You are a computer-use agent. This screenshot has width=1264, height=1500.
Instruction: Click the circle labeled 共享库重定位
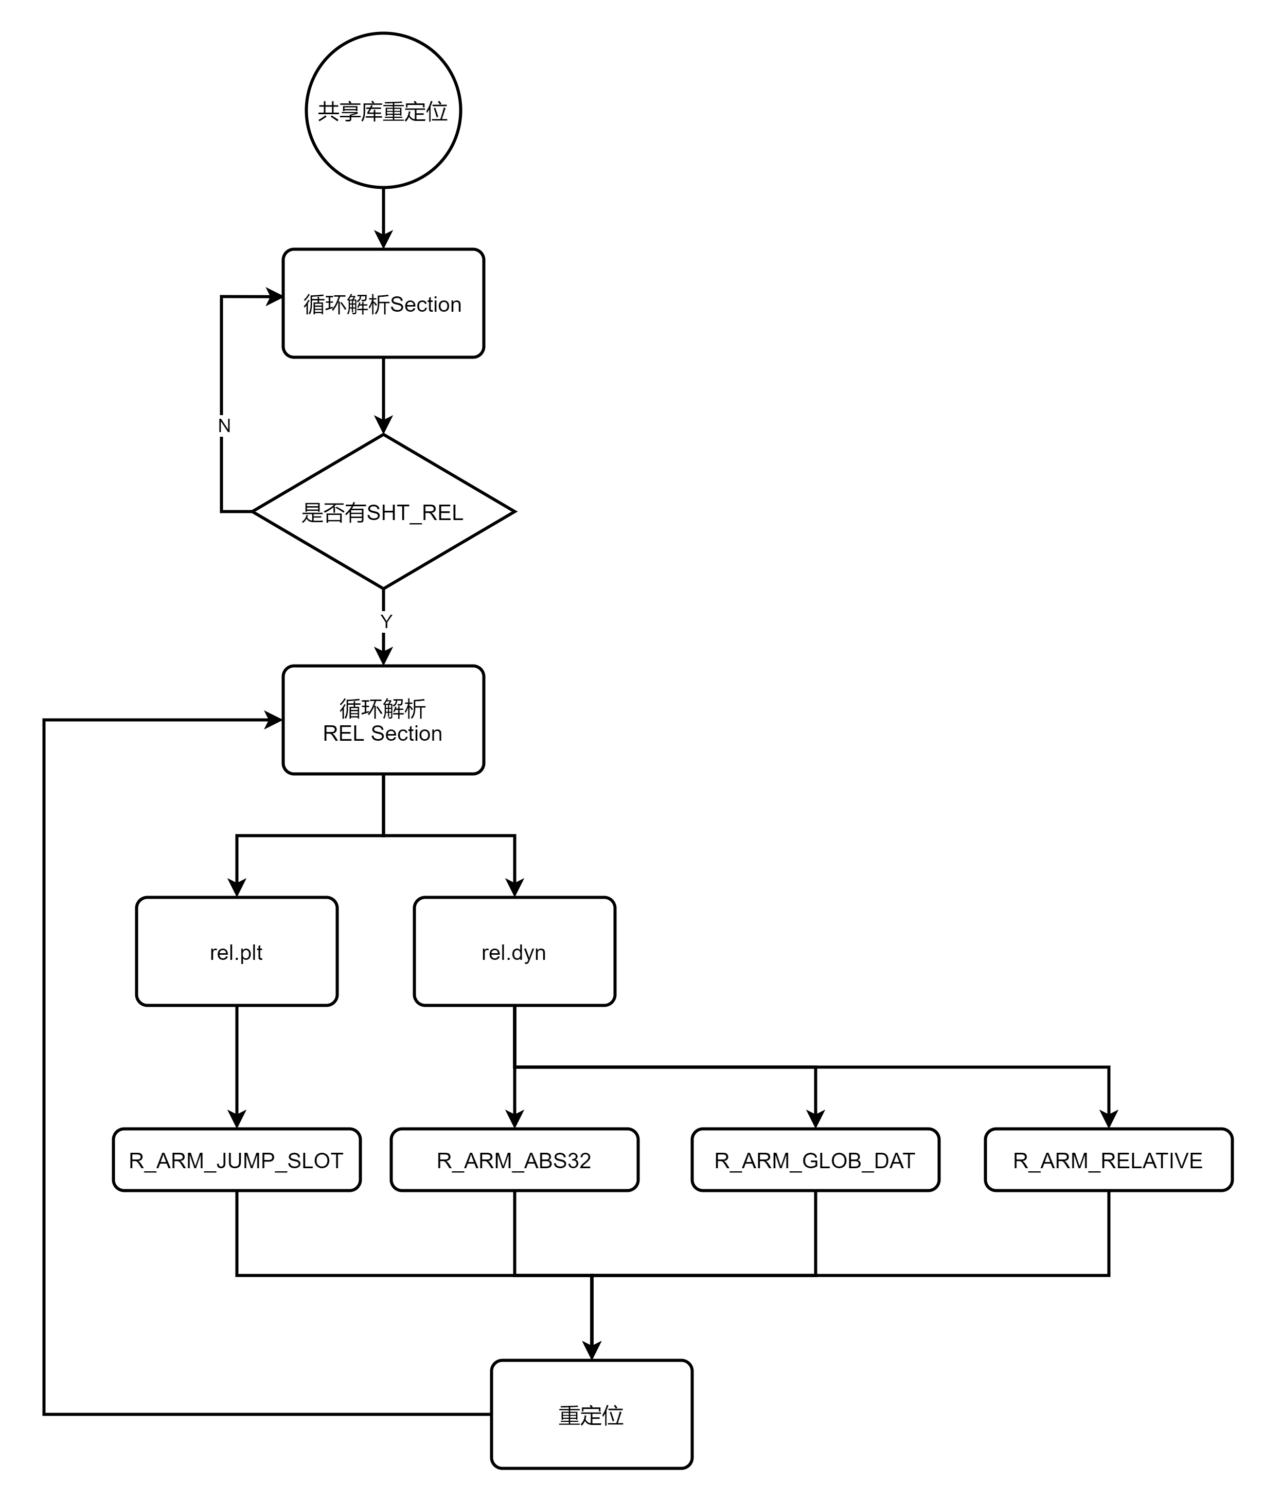coord(383,110)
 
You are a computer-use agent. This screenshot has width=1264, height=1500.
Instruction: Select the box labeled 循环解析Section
coord(383,303)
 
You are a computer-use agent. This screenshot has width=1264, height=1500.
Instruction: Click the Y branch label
coord(387,621)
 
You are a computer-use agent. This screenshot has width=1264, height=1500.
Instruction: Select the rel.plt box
coord(237,951)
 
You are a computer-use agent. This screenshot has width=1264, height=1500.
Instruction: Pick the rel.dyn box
coord(514,951)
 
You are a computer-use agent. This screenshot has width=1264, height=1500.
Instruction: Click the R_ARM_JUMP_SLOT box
coord(237,1160)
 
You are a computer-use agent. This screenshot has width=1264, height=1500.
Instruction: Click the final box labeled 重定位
coord(591,1414)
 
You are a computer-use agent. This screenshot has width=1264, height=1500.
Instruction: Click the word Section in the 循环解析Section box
coord(425,305)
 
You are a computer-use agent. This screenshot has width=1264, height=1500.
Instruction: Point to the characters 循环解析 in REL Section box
coord(383,708)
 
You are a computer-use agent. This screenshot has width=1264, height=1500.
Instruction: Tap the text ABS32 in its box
coord(558,1160)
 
